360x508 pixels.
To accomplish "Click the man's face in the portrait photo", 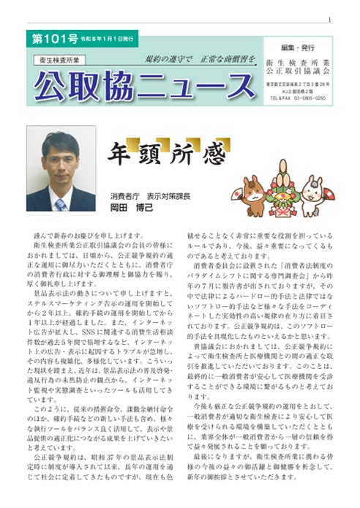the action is pyautogui.click(x=61, y=155).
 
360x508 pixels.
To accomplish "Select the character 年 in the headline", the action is pyautogui.click(x=119, y=157).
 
